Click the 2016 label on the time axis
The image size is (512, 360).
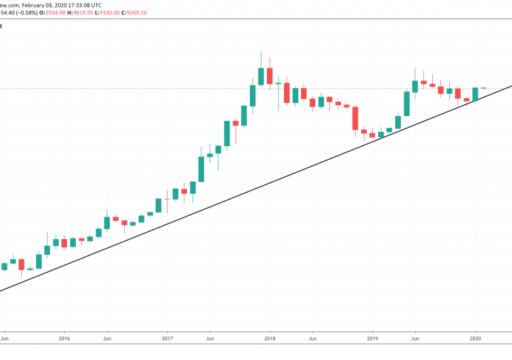[x=64, y=337]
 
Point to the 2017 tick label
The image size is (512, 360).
[x=167, y=337]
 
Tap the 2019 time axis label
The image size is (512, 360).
[x=373, y=337]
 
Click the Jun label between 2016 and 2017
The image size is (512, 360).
[x=107, y=337]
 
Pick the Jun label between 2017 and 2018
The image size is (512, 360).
[x=210, y=337]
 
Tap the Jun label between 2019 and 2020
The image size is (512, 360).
[x=415, y=337]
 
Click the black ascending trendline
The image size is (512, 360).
[x=273, y=181]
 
